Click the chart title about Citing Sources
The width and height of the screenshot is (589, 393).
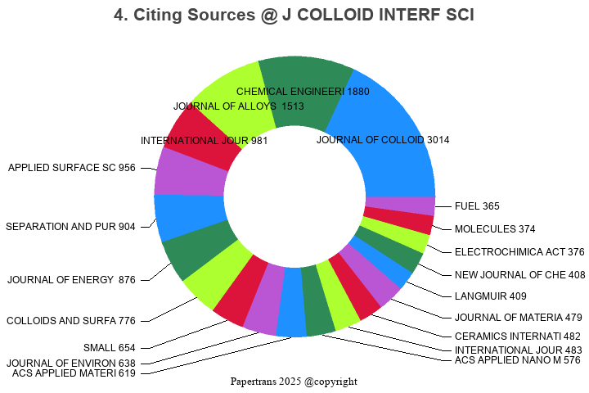[x=294, y=16]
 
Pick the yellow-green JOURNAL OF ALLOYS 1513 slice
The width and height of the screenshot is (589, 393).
[x=233, y=106]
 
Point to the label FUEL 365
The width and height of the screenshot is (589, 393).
[x=477, y=206]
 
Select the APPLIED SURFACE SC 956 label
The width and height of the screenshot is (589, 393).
[x=72, y=168]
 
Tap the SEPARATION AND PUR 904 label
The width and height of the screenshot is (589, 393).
[x=70, y=227]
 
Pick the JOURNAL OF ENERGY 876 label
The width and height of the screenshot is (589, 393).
[x=71, y=280]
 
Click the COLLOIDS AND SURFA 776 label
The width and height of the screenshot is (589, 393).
[x=71, y=320]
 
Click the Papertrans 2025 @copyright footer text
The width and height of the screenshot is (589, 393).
[x=294, y=382]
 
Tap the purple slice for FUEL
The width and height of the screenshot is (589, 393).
[x=399, y=206]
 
